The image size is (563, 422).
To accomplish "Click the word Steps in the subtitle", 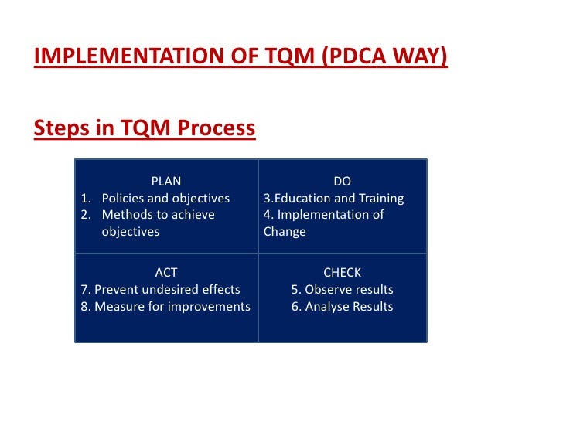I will pyautogui.click(x=59, y=128).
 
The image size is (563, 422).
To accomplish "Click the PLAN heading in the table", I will pyautogui.click(x=166, y=182).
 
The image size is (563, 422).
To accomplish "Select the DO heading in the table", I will pyautogui.click(x=342, y=182).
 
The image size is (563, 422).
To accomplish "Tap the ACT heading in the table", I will pyautogui.click(x=166, y=273).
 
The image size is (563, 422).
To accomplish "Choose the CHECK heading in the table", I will pyautogui.click(x=342, y=273).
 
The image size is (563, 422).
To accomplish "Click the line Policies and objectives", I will pyautogui.click(x=165, y=199).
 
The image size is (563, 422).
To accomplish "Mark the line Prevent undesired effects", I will pyautogui.click(x=161, y=290).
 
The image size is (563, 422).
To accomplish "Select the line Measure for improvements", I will pyautogui.click(x=165, y=307).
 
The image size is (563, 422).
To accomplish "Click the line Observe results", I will pyautogui.click(x=342, y=290).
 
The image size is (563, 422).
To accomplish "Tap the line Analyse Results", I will pyautogui.click(x=342, y=307).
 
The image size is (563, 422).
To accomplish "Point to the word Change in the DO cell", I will pyautogui.click(x=285, y=232).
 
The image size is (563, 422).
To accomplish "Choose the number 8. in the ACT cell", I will pyautogui.click(x=85, y=307).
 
